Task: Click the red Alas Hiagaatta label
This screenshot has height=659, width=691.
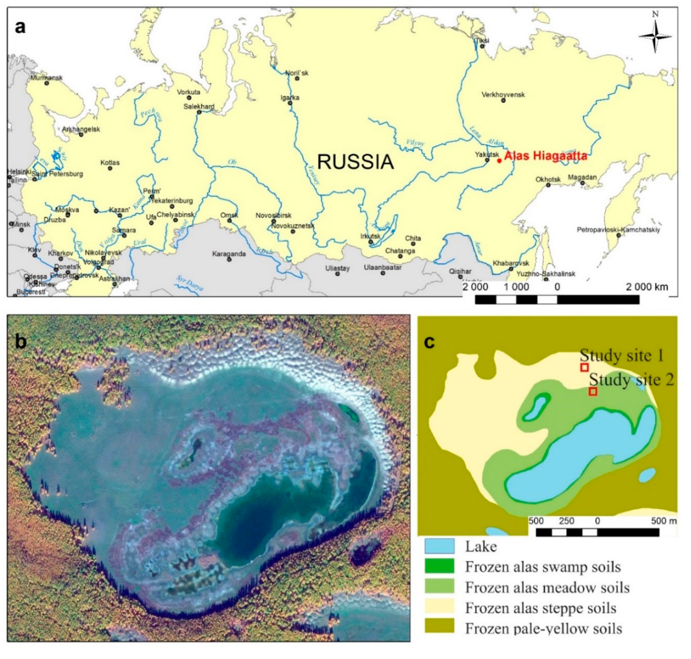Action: [x=545, y=156]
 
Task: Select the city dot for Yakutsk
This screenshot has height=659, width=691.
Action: [x=487, y=160]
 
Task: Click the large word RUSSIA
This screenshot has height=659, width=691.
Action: [x=355, y=162]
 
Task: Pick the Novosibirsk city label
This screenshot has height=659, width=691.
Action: [x=273, y=215]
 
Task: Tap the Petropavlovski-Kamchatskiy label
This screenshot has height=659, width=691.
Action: [x=618, y=230]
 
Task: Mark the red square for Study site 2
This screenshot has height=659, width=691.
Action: [x=593, y=391]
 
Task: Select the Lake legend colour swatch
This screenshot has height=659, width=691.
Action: [x=439, y=546]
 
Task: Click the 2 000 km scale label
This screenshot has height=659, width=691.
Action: [x=647, y=287]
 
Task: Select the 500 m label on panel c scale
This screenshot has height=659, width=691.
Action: [x=663, y=521]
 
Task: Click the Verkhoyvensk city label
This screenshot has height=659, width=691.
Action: [x=503, y=95]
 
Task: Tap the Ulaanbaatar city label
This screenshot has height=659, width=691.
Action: [x=382, y=267]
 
